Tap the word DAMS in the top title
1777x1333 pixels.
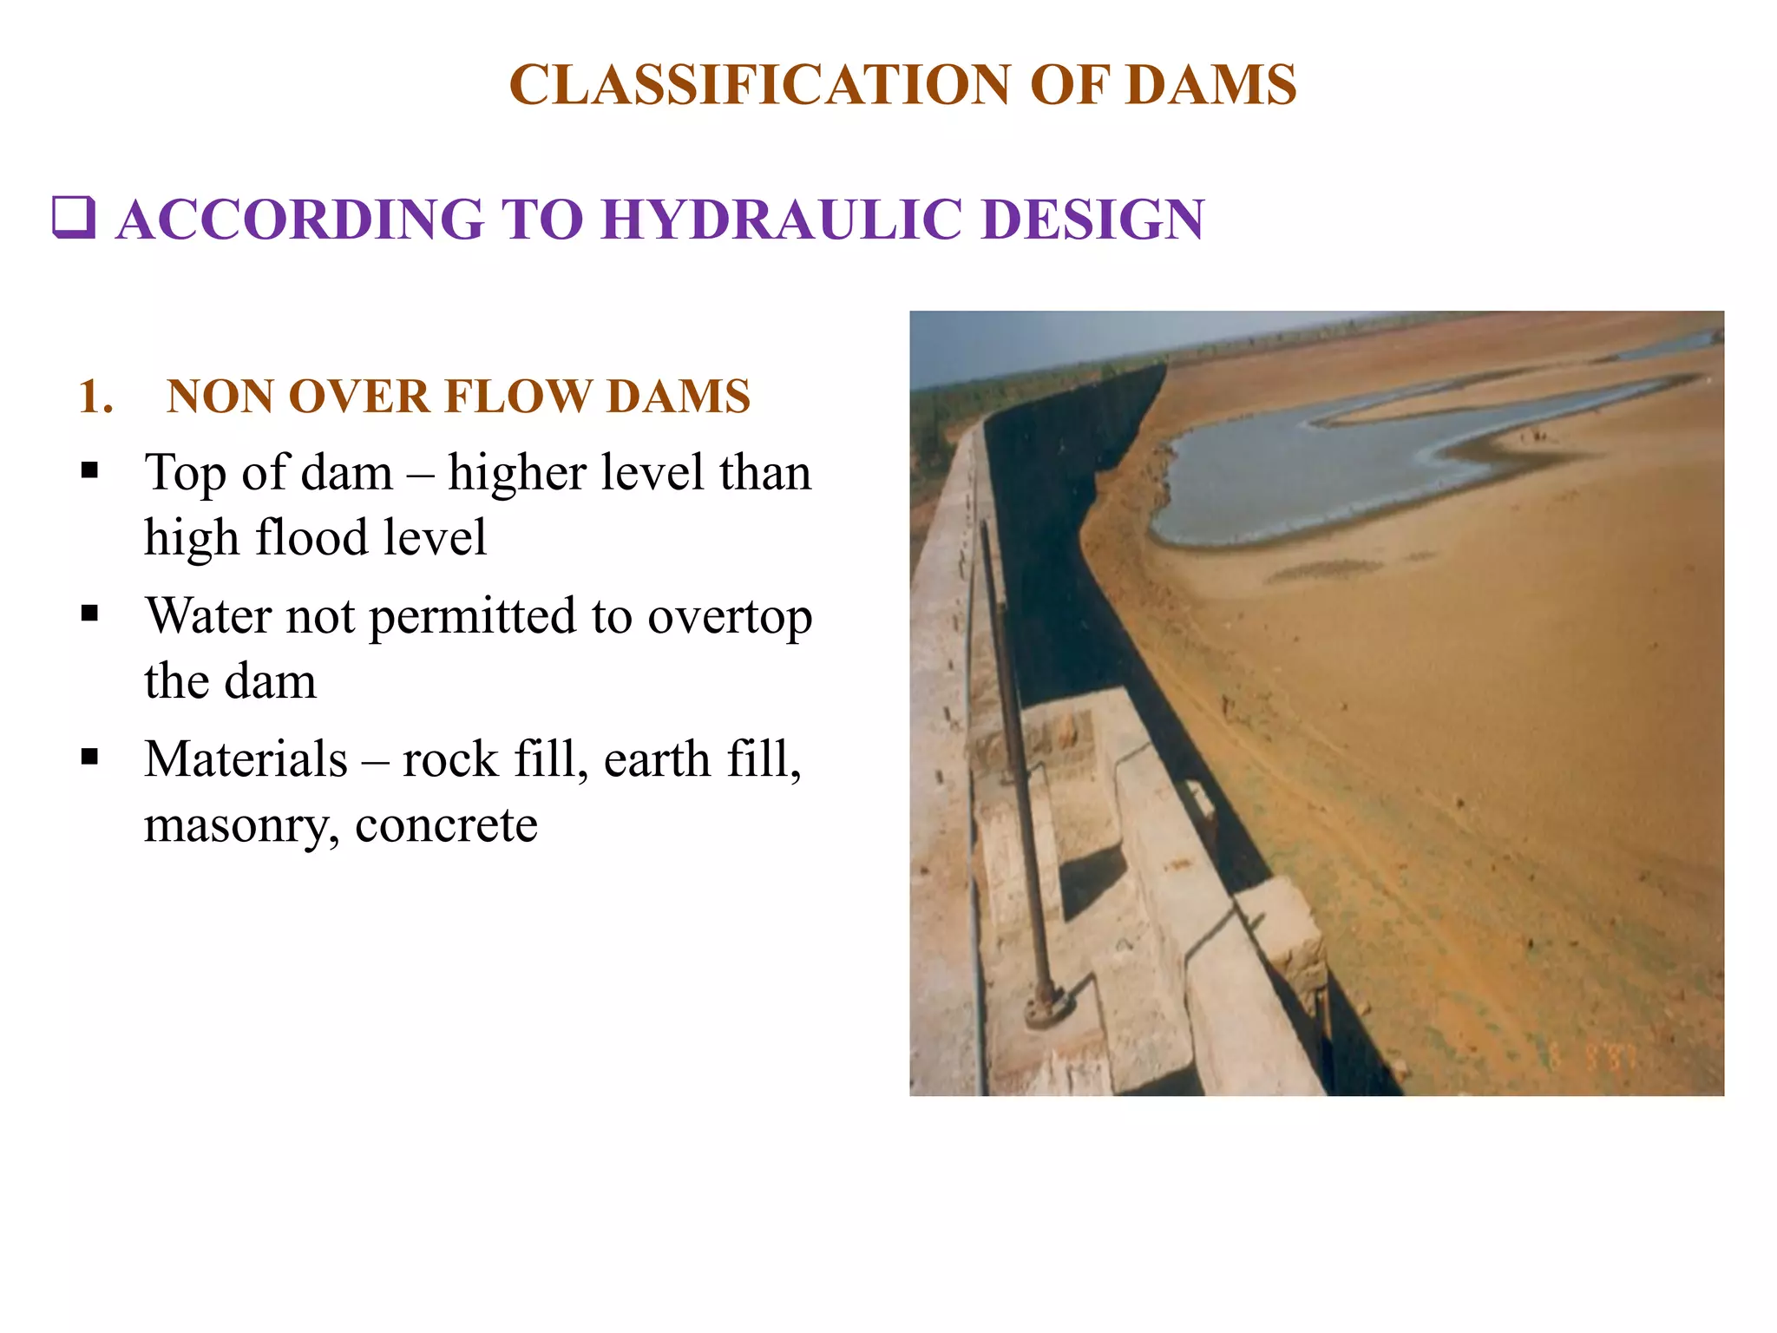tap(1210, 85)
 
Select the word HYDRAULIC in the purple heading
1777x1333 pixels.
tap(782, 219)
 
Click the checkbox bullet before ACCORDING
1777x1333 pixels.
tap(74, 217)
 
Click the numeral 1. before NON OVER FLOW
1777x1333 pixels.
tap(95, 397)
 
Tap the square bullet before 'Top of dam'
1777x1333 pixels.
tap(89, 471)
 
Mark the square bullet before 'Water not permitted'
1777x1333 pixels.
tap(89, 614)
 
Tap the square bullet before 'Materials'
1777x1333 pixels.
tap(89, 757)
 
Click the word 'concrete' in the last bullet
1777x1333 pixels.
tap(446, 824)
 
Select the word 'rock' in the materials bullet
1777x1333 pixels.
tap(450, 759)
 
